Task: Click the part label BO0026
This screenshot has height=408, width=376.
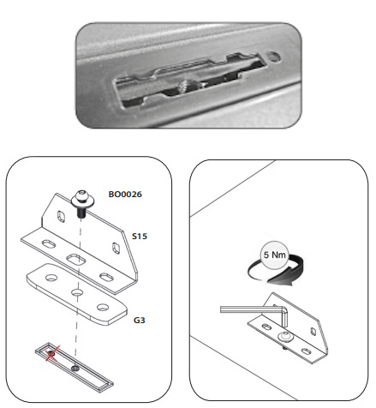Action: pos(125,195)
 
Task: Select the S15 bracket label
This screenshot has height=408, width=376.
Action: pos(140,237)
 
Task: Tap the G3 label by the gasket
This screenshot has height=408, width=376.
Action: pos(140,321)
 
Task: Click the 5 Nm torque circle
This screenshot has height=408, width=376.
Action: pos(275,255)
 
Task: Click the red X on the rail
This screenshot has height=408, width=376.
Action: pos(52,354)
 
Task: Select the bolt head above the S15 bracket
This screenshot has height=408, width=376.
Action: pos(83,199)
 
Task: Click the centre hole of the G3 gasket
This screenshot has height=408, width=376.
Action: pos(77,292)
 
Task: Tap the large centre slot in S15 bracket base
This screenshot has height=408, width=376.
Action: pos(76,260)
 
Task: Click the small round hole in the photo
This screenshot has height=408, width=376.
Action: pos(274,57)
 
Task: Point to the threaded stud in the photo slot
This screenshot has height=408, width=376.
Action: pos(187,86)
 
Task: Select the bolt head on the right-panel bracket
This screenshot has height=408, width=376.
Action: pos(286,337)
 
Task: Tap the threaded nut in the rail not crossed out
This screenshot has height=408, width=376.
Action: pos(75,369)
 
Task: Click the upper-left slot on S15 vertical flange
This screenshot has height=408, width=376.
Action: pos(62,216)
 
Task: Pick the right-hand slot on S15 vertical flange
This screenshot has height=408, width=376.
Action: pos(116,248)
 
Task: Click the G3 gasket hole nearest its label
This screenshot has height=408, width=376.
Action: pos(103,308)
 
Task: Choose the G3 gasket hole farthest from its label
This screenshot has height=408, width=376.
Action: pos(51,278)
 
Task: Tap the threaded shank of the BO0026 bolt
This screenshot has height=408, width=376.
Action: pos(81,213)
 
